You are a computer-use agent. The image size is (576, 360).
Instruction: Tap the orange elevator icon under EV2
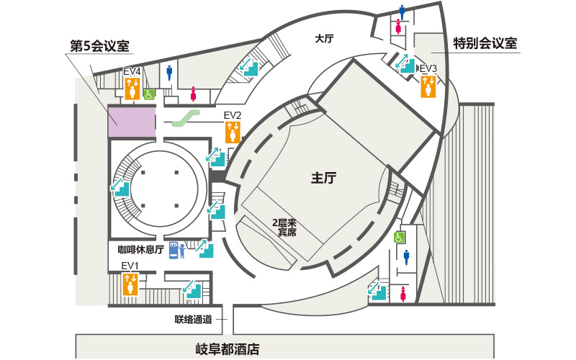(233, 132)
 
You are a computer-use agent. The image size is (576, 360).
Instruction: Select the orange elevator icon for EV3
(428, 87)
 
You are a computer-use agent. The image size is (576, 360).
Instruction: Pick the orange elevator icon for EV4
(132, 88)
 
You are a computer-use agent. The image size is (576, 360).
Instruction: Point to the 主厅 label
(324, 179)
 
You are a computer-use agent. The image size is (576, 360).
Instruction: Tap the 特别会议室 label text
(485, 43)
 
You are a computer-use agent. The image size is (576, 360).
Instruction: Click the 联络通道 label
(193, 319)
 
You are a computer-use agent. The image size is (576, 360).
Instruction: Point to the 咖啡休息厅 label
(141, 250)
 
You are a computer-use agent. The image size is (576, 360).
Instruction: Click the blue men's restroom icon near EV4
(170, 71)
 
